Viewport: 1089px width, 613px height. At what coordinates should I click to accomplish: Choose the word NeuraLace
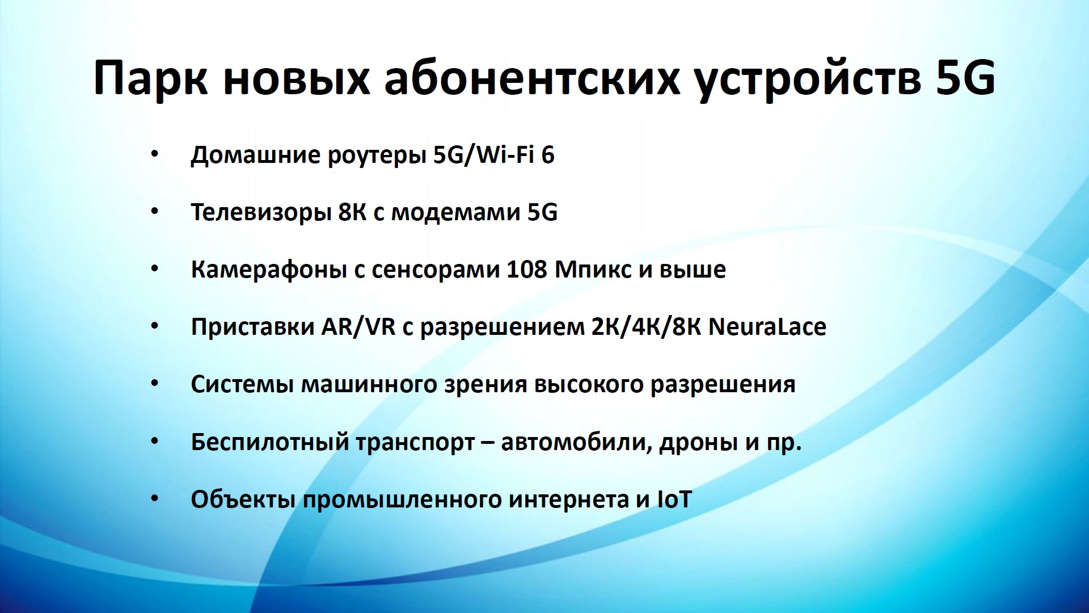[x=767, y=327]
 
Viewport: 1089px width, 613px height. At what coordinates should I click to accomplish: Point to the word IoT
[x=674, y=499]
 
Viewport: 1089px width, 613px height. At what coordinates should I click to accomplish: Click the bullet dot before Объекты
[x=155, y=499]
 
